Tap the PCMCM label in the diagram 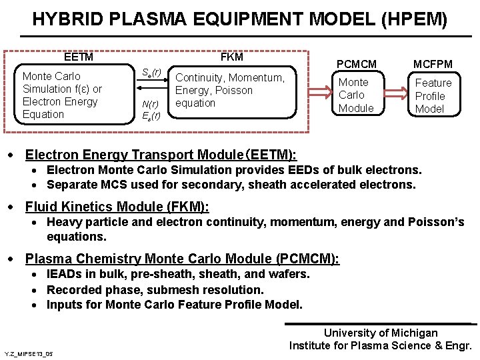tap(356, 64)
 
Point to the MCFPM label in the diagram tap(433, 64)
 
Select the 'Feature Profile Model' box tap(433, 96)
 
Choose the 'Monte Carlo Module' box tap(356, 95)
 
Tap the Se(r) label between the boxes tap(151, 72)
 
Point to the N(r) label tap(151, 103)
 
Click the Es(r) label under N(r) tap(151, 115)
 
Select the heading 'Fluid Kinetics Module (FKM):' tap(117, 207)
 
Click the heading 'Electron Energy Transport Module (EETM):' tap(161, 155)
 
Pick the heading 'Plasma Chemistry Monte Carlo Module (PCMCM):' tap(182, 258)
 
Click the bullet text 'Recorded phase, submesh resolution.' tap(155, 289)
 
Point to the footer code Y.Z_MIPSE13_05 tap(28, 353)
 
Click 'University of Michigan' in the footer tap(381, 333)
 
